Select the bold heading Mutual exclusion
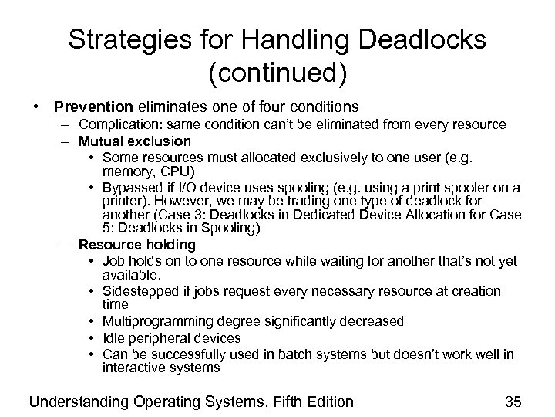(x=135, y=141)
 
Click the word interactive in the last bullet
(x=133, y=368)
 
